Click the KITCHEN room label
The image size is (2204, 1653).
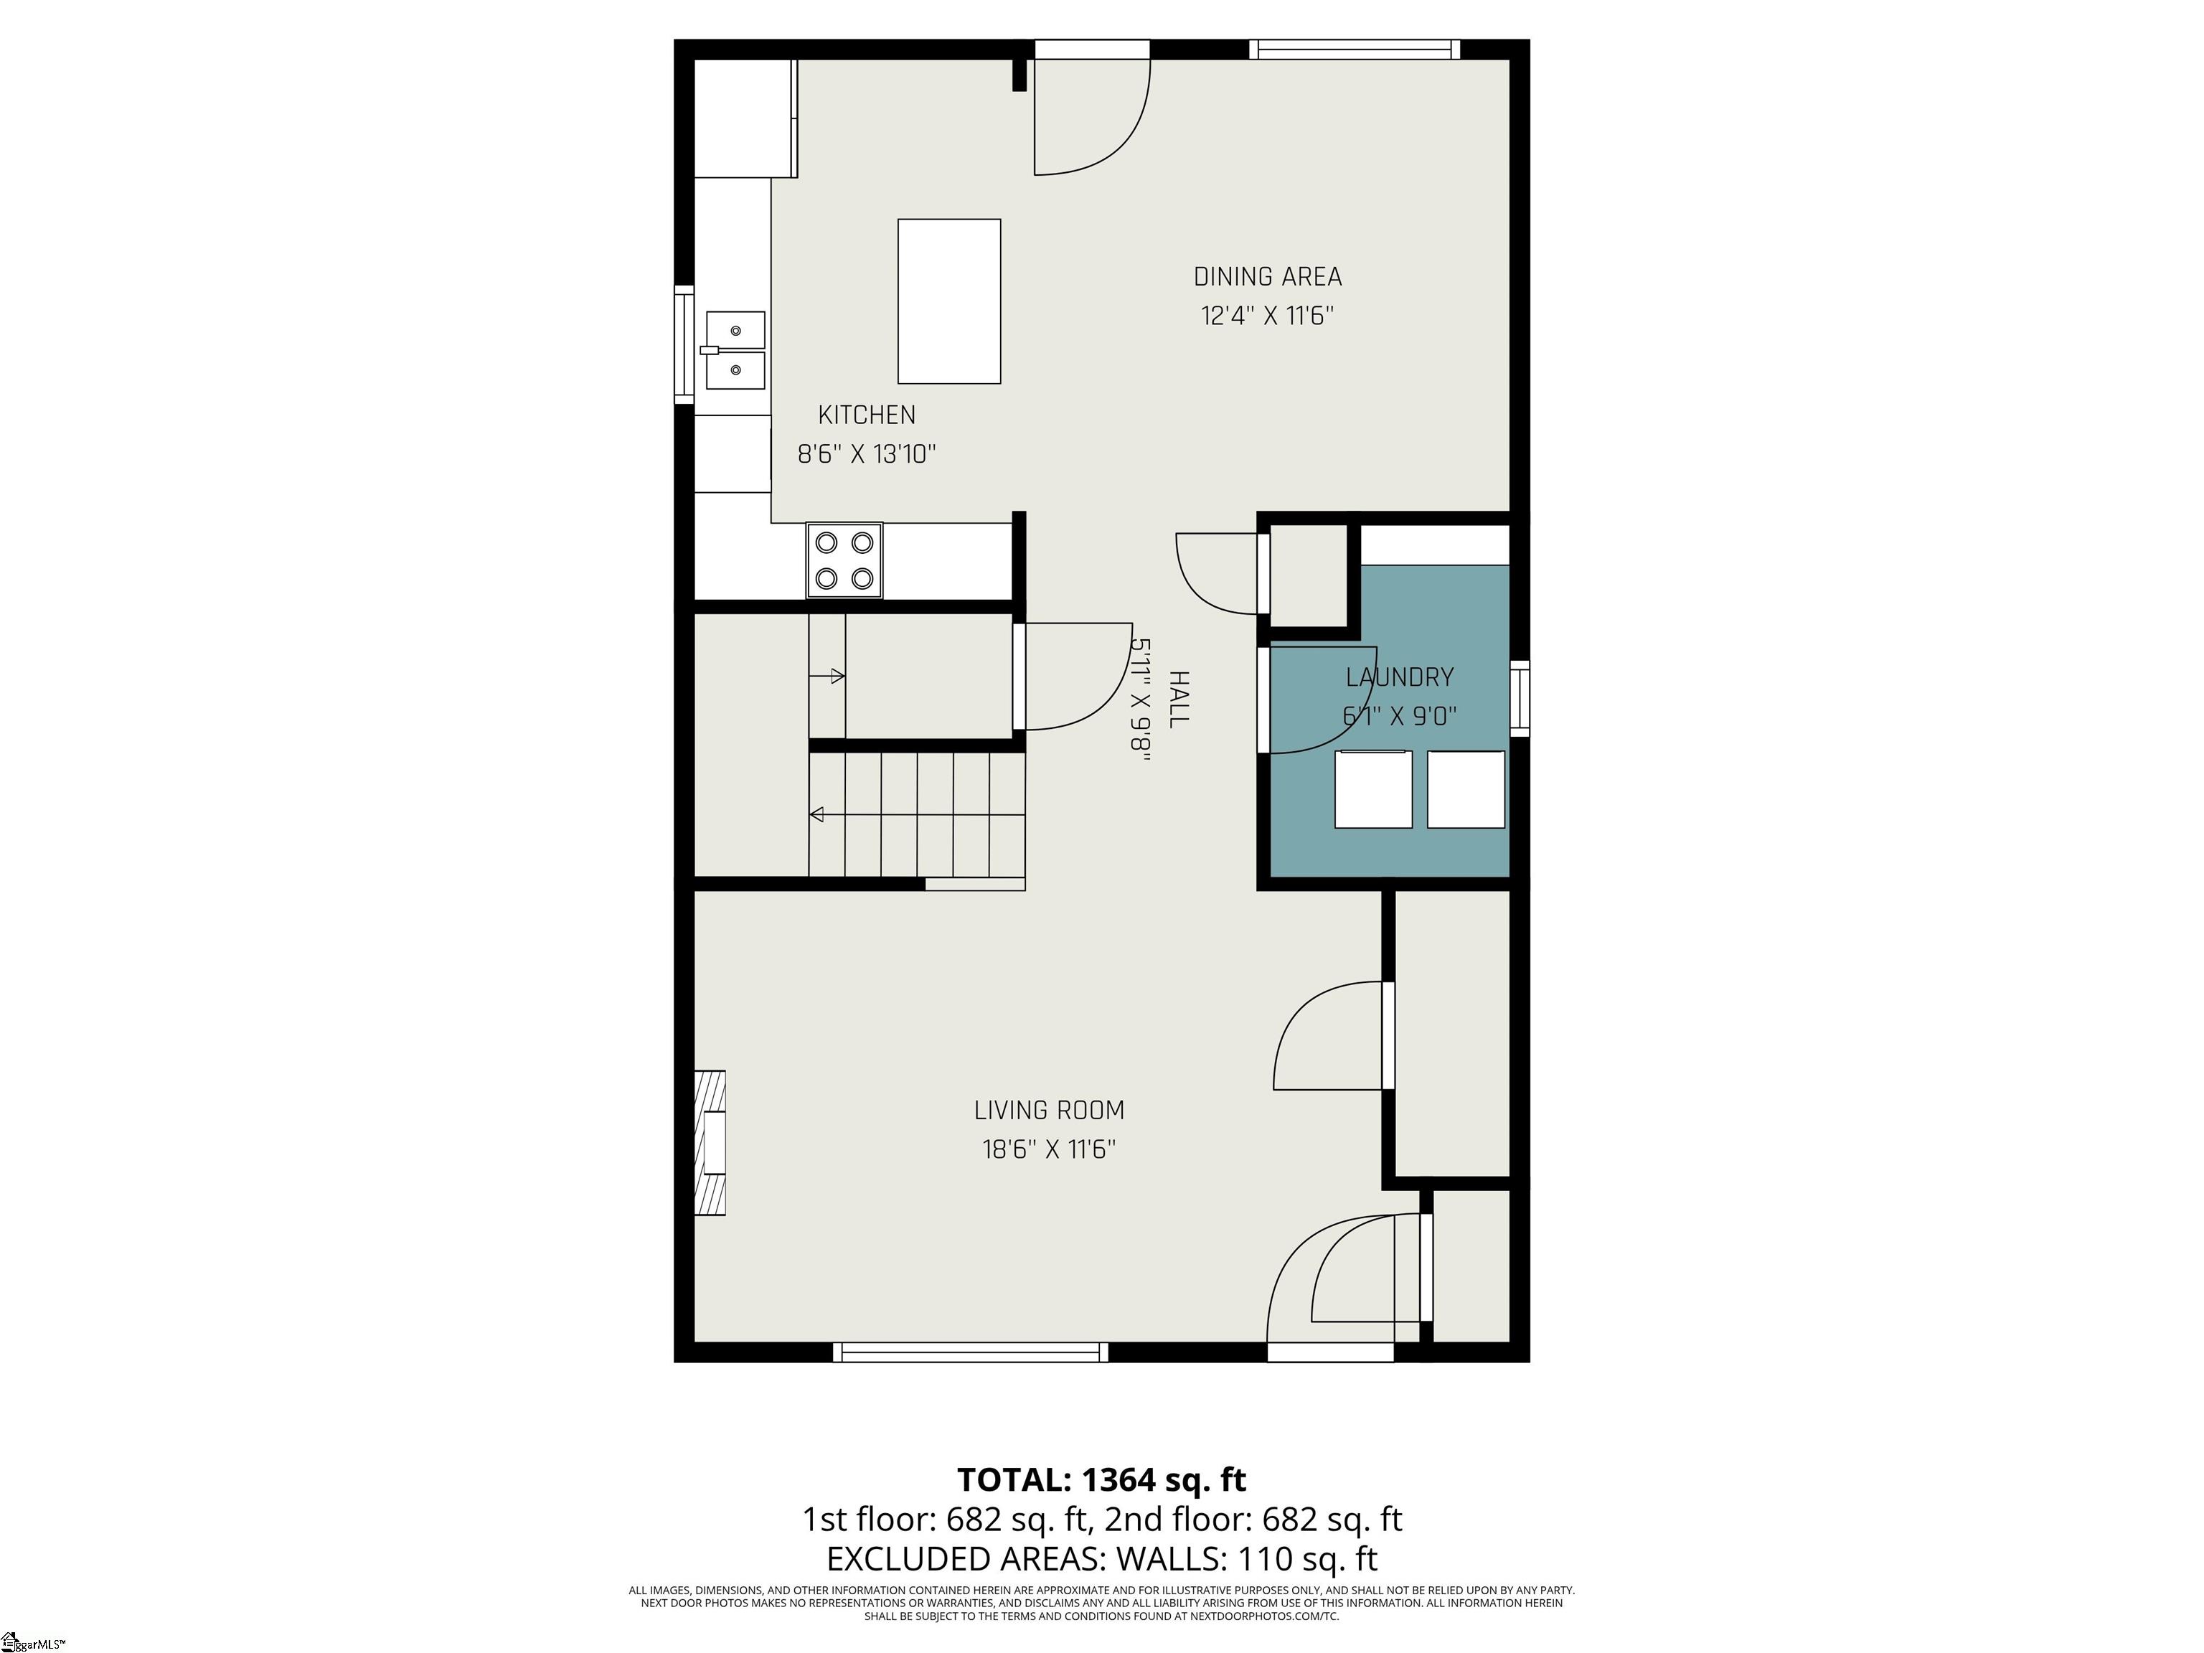point(866,415)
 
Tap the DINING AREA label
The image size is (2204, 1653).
point(1268,276)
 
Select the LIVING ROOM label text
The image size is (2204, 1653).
point(1049,1110)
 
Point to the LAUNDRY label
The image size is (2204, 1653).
point(1400,677)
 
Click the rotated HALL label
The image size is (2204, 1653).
point(1179,699)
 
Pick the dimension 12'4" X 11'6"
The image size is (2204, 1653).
point(1268,316)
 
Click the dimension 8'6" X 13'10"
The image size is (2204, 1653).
point(867,454)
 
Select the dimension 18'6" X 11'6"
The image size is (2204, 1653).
point(1049,1149)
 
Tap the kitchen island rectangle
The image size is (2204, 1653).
point(948,301)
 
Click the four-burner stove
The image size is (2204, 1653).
point(844,560)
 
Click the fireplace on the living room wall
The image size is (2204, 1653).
point(710,1142)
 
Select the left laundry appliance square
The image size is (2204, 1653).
point(1373,789)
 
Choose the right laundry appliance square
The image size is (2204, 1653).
point(1466,789)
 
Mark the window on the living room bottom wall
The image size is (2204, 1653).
point(971,1352)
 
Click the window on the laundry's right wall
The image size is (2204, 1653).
point(1520,699)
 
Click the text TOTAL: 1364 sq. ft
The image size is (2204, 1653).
point(1102,1479)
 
